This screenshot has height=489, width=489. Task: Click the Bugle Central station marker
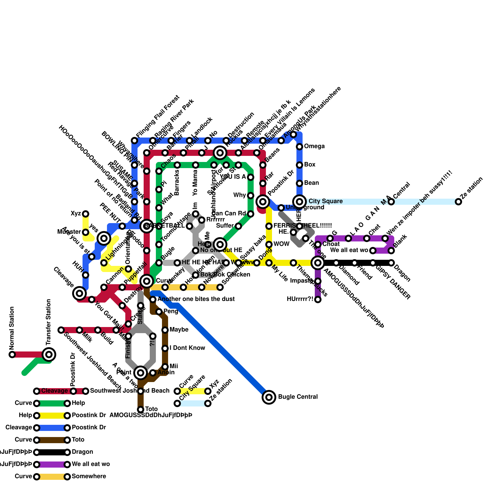(269, 397)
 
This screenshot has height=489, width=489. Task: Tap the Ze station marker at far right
(458, 202)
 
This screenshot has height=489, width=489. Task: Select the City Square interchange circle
(300, 201)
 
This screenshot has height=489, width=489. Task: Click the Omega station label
(314, 146)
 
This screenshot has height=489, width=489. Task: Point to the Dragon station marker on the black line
(391, 263)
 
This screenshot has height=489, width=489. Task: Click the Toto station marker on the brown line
(141, 410)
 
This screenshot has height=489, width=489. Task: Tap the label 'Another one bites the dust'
(196, 299)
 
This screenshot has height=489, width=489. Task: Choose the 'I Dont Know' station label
(187, 348)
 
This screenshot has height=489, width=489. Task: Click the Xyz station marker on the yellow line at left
(86, 214)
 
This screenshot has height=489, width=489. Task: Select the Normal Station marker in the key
(12, 355)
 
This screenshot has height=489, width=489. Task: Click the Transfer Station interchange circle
(49, 355)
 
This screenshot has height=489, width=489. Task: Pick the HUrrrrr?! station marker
(318, 300)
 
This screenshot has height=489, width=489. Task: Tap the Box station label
(310, 165)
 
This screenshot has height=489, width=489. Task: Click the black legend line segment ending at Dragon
(52, 452)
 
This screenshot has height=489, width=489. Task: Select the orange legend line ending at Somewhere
(52, 476)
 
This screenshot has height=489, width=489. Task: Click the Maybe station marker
(165, 330)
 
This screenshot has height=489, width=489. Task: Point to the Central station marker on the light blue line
(391, 202)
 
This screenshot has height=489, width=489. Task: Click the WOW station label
(281, 244)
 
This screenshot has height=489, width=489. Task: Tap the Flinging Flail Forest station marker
(134, 141)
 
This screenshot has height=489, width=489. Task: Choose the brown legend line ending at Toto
(52, 440)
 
